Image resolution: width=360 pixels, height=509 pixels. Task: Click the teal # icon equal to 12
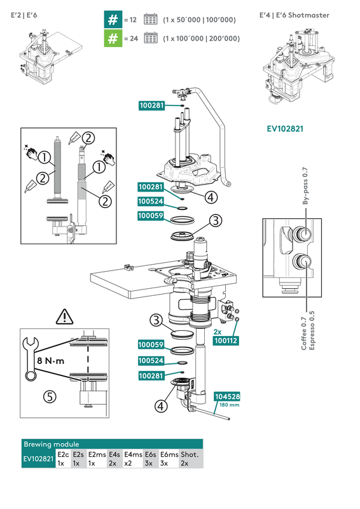(x=113, y=20)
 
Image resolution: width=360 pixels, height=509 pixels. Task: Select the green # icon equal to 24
(x=113, y=39)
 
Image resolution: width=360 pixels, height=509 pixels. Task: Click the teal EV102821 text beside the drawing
(x=284, y=128)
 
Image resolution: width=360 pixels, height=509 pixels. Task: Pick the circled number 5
(x=49, y=396)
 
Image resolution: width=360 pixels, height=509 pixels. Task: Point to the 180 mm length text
(x=228, y=405)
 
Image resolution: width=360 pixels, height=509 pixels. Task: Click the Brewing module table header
(x=52, y=444)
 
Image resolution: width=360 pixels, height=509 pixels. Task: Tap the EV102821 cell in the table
(x=38, y=459)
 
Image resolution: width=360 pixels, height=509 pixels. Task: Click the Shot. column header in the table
(x=190, y=454)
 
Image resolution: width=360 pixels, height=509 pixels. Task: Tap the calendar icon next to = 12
(x=151, y=20)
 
